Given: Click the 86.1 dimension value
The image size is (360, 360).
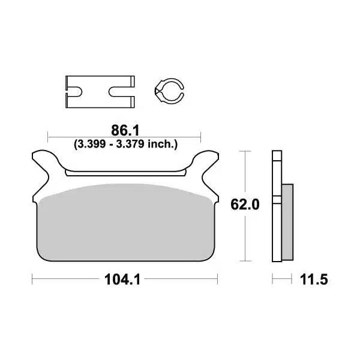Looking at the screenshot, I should [124, 129].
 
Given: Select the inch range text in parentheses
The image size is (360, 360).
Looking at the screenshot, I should [125, 144].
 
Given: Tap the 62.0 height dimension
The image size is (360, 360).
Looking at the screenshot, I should [245, 205].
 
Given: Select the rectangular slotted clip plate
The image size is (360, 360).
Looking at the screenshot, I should [98, 91].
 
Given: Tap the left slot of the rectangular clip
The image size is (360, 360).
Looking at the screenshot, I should [76, 92].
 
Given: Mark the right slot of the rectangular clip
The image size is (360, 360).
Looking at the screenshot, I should [122, 92].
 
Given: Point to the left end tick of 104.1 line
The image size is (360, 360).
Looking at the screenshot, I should [32, 280].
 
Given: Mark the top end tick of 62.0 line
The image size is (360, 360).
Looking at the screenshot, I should [245, 151].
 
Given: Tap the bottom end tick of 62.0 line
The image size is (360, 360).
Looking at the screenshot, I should [245, 261].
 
